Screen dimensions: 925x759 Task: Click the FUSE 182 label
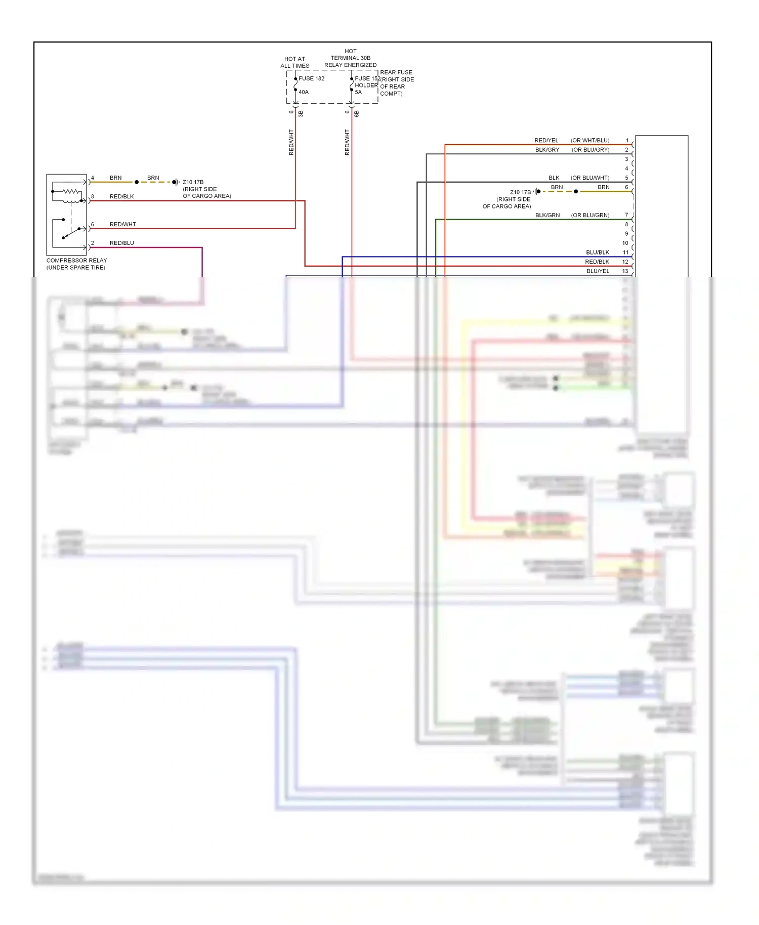311,78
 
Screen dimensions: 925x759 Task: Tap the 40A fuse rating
304,92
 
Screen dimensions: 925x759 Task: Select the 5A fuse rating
358,92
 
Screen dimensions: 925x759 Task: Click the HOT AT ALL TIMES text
295,62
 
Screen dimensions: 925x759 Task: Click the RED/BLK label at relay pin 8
121,196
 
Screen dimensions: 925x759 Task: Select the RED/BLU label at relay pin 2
121,243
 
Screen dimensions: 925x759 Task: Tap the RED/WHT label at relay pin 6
122,224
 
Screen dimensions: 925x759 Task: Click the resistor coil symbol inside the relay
71,192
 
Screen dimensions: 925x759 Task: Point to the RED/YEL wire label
546,140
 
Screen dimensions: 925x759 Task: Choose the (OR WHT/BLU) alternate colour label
590,140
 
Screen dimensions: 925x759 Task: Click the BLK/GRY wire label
547,150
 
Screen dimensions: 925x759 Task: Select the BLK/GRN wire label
547,215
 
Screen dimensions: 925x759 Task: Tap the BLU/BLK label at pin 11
598,252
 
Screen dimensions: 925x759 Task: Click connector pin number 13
625,271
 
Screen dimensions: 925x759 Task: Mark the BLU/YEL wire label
598,271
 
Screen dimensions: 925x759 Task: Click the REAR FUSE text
396,72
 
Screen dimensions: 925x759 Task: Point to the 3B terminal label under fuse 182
301,114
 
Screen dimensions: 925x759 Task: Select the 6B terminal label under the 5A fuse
357,114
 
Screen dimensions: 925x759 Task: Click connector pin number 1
627,140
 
